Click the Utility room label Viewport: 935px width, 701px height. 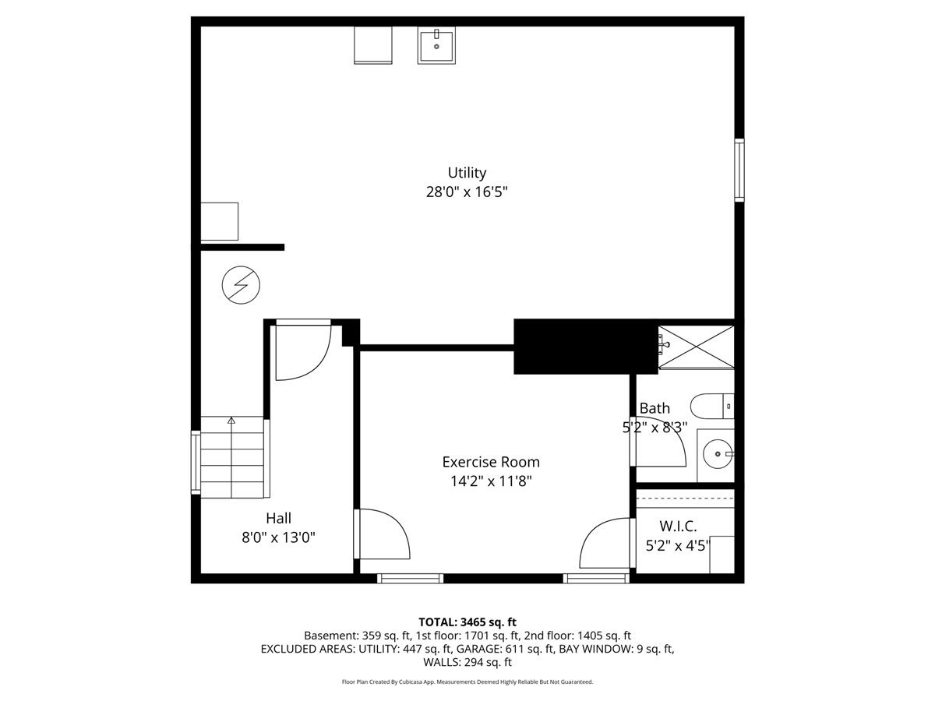coord(467,173)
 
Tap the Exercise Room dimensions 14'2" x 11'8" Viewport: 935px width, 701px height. coord(491,481)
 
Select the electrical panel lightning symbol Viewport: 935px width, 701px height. coord(241,285)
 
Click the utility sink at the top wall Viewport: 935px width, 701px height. coord(436,45)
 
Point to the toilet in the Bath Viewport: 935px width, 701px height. coord(712,406)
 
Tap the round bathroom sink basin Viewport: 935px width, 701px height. coord(718,454)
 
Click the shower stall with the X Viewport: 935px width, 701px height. coord(696,347)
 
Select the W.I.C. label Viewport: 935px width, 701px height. coord(678,526)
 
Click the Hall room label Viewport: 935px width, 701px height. coord(279,518)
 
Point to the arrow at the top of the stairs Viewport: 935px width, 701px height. coord(231,421)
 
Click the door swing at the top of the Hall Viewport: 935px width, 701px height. coord(303,352)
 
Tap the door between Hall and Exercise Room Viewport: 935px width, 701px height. coord(382,534)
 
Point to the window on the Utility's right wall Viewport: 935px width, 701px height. coord(739,170)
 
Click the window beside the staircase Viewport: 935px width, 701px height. coord(196,463)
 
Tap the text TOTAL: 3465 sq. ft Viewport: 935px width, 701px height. coord(467,622)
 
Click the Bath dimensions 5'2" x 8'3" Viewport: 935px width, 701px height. coord(654,428)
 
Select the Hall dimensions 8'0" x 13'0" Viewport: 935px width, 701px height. coord(279,537)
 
